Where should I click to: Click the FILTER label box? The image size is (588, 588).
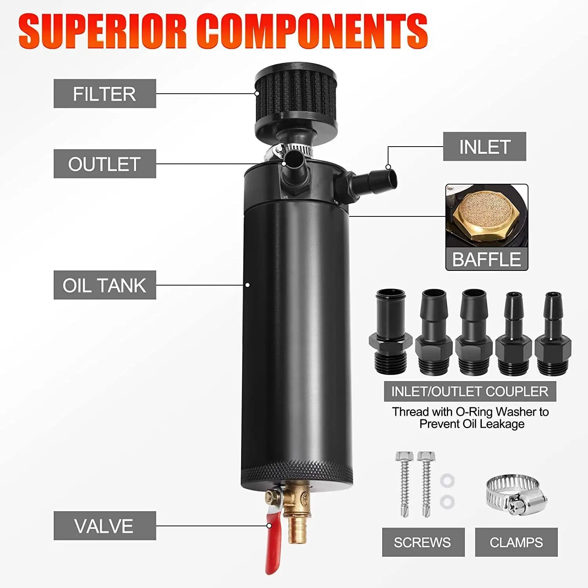pos(105,94)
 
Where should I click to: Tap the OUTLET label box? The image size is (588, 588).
pos(105,164)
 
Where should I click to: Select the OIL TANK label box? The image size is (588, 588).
pos(105,285)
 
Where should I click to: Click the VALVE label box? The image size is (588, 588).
pos(105,526)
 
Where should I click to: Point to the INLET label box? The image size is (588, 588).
pos(485,147)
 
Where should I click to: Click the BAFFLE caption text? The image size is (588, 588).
pos(486,259)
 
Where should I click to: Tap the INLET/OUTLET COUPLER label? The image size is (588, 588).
pos(470,392)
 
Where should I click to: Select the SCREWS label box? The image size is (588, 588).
pos(423,542)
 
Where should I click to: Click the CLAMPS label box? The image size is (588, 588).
pos(516,542)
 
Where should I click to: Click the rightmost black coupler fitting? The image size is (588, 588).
pos(553,335)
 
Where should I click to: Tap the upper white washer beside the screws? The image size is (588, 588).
pos(447,480)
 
